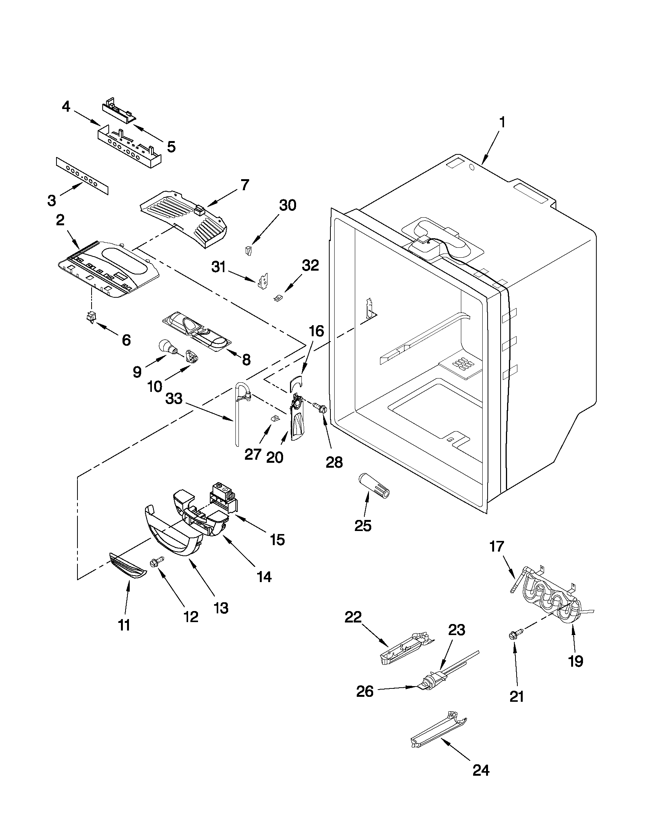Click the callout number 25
pyautogui.click(x=363, y=526)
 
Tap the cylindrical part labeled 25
pyautogui.click(x=373, y=485)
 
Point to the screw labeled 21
pyautogui.click(x=513, y=635)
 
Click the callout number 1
pyautogui.click(x=501, y=123)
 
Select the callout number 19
pyautogui.click(x=576, y=661)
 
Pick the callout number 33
pyautogui.click(x=174, y=398)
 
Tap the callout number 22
pyautogui.click(x=353, y=618)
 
